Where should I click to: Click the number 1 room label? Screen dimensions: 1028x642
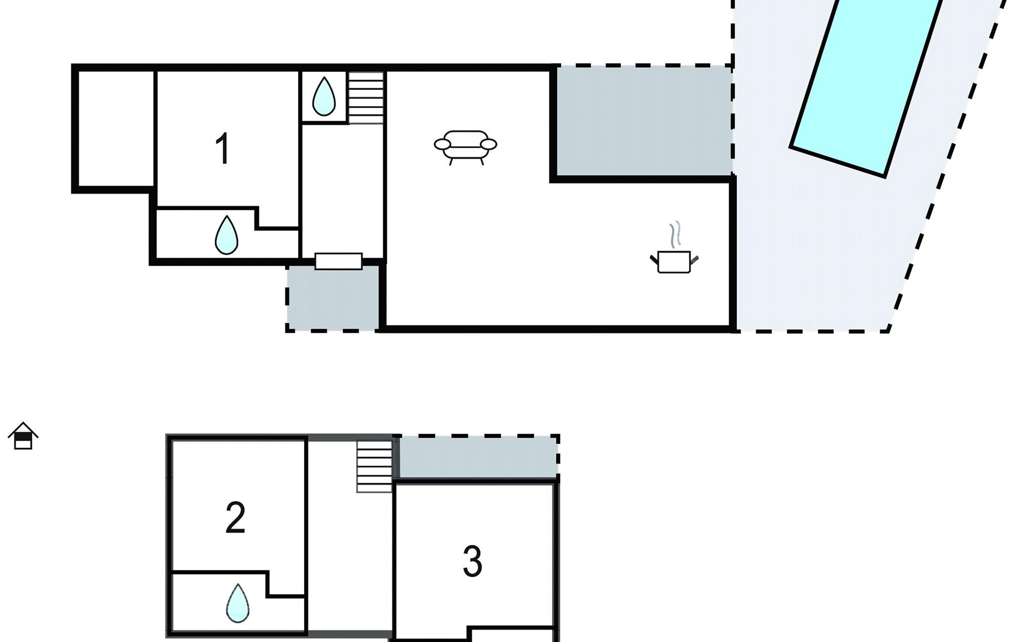click(x=223, y=149)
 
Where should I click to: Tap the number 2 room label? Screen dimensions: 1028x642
click(x=236, y=517)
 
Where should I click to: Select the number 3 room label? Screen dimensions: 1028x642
click(x=472, y=562)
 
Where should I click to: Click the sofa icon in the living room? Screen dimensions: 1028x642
click(x=465, y=147)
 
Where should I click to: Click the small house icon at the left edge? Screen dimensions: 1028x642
click(x=23, y=436)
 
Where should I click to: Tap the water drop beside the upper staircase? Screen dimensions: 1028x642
click(x=323, y=96)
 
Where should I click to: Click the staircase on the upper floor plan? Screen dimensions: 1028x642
click(x=366, y=98)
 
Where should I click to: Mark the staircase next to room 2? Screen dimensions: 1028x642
click(x=374, y=466)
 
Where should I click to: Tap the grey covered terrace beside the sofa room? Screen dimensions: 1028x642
click(x=644, y=121)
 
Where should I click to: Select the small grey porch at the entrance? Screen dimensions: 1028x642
click(x=333, y=297)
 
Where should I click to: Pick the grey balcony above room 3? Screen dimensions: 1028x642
click(x=478, y=456)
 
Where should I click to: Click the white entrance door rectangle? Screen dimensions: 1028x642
click(x=338, y=261)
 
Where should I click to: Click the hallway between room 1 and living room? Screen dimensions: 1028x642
click(x=343, y=190)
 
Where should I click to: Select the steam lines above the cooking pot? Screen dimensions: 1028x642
click(x=675, y=234)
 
